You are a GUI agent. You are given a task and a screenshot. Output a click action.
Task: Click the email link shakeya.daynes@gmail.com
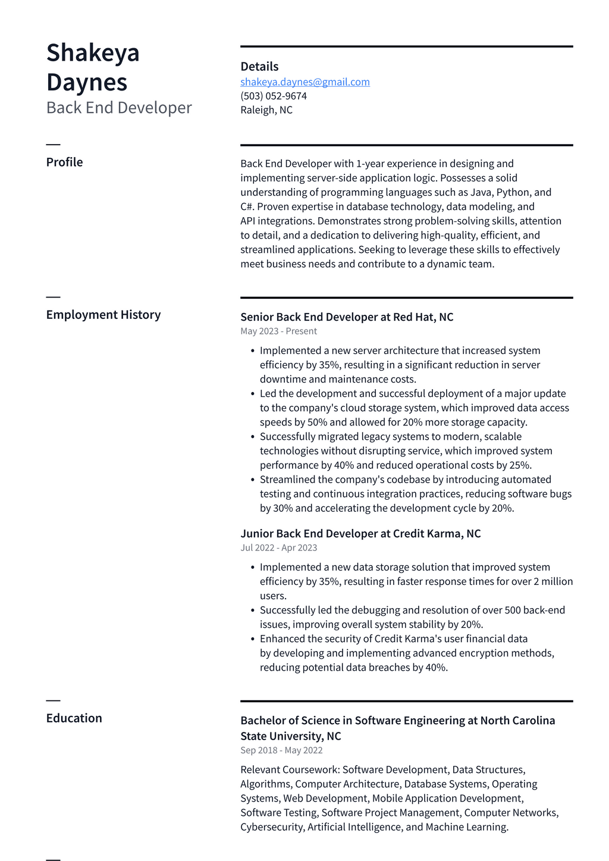[x=305, y=82]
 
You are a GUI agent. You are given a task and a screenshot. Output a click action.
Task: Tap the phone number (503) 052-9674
[x=274, y=96]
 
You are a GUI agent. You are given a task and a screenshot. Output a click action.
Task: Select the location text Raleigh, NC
[x=266, y=110]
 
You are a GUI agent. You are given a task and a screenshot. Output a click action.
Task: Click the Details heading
[x=259, y=67]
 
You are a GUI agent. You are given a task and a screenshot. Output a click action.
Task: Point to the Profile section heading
[x=64, y=162]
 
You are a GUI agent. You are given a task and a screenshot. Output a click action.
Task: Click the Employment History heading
[x=103, y=315]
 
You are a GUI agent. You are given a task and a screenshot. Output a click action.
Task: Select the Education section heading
[x=74, y=718]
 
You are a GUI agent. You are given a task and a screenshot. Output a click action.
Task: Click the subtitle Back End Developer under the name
[x=119, y=108]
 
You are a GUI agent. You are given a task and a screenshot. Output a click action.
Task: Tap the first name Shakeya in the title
[x=93, y=53]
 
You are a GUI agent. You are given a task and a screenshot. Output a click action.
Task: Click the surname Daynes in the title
[x=87, y=83]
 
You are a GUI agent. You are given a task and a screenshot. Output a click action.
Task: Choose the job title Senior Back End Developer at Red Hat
[x=347, y=317]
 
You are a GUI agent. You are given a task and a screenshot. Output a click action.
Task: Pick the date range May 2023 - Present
[x=278, y=331]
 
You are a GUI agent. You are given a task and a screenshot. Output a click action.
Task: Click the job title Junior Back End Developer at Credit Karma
[x=360, y=534]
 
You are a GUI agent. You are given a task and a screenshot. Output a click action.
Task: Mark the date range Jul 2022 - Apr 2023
[x=278, y=548]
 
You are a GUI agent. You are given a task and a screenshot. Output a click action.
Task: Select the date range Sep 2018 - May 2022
[x=281, y=750]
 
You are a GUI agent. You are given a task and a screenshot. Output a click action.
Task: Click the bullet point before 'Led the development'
[x=253, y=394]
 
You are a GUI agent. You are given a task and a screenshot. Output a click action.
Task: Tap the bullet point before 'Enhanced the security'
[x=253, y=639]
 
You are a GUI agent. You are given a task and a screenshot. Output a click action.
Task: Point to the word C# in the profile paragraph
[x=247, y=206]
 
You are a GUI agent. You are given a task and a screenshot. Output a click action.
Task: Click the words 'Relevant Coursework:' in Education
[x=290, y=770]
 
